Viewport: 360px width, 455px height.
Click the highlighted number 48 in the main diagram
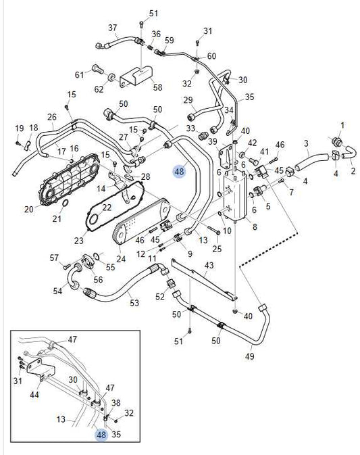pos(180,171)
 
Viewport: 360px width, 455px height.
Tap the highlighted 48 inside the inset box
pos(101,435)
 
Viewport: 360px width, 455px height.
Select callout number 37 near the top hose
pos(113,28)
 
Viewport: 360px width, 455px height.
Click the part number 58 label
pos(157,87)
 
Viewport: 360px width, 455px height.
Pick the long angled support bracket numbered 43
pos(205,279)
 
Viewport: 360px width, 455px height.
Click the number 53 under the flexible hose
pos(134,303)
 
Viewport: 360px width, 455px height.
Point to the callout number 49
pos(249,356)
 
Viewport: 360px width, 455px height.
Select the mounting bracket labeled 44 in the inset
pos(41,369)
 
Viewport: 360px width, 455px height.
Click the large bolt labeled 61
pos(98,70)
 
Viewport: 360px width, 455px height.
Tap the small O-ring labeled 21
pos(66,203)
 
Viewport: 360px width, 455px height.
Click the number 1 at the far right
pos(342,126)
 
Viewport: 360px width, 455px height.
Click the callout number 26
pos(52,117)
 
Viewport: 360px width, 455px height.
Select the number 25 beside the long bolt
pos(217,249)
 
